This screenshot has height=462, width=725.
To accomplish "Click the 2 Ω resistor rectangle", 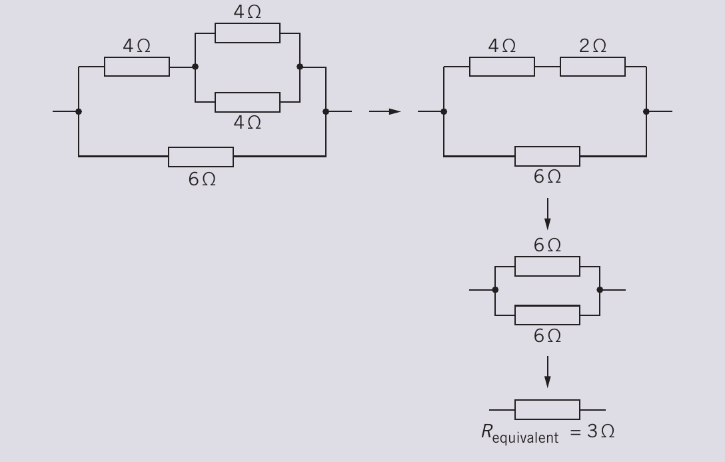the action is (x=592, y=67).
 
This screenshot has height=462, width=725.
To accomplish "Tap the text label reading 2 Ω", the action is (x=592, y=46).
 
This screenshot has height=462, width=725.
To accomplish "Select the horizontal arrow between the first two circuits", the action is (x=384, y=111).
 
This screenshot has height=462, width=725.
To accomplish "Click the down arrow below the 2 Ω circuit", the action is (x=548, y=214).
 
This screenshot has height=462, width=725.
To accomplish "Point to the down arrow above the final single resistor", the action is (x=548, y=372).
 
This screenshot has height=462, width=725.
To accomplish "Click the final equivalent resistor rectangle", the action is (x=547, y=410).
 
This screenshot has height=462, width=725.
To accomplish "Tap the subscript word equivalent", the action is (x=525, y=438).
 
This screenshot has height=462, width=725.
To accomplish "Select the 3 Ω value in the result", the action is (x=600, y=431).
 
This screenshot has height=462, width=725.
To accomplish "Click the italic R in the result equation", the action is (x=486, y=431).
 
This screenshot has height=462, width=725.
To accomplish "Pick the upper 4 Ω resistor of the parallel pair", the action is (x=247, y=33).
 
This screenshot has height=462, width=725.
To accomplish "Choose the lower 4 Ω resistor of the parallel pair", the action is (x=247, y=102).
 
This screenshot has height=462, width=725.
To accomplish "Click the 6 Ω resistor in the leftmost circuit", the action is (x=201, y=157).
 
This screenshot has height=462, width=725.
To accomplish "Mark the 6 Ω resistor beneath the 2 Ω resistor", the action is (x=547, y=156).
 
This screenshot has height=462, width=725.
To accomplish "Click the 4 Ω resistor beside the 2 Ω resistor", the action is (x=502, y=67).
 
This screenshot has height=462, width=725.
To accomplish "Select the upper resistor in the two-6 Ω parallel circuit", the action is (x=547, y=267).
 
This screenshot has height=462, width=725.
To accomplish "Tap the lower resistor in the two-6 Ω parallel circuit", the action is (x=547, y=315).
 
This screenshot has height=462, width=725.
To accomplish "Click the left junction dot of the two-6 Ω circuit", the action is (x=495, y=290).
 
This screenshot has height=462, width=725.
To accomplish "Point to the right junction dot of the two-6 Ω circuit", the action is (x=600, y=290).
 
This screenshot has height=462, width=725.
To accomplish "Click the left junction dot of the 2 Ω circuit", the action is (x=444, y=111).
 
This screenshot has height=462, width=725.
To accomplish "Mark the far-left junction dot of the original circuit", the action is (x=79, y=111).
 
